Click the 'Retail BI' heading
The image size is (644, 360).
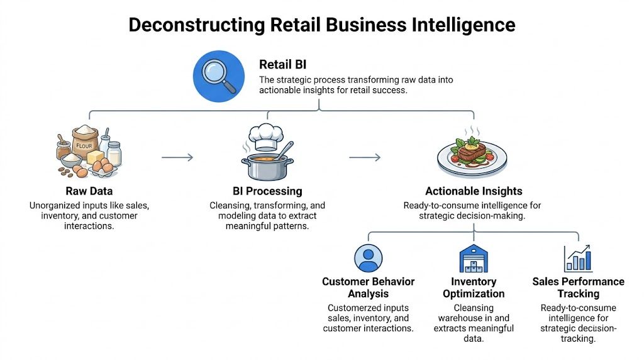[282, 65]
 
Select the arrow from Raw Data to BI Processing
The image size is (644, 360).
[177, 157]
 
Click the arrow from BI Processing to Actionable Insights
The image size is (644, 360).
[365, 157]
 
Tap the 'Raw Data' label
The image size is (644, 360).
[89, 191]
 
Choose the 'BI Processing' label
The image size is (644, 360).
[267, 191]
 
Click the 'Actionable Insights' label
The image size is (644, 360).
[474, 191]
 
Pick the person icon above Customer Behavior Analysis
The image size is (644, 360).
[368, 258]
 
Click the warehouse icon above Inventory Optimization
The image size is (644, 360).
[474, 258]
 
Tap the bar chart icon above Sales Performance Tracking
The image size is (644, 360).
[578, 258]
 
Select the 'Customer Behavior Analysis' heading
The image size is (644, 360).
[368, 288]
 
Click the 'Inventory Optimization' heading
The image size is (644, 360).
[474, 288]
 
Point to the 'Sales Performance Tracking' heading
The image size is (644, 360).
[578, 288]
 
